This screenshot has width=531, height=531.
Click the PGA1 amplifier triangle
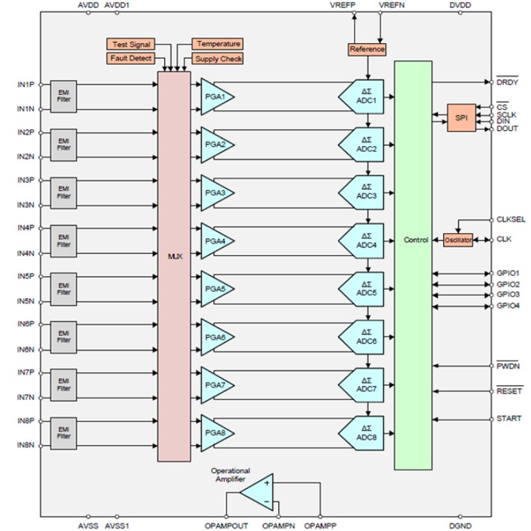(x=215, y=97)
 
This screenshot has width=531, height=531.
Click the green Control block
(x=412, y=266)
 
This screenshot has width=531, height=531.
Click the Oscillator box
(x=458, y=240)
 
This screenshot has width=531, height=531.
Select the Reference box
(x=367, y=50)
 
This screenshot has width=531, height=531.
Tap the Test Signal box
(x=130, y=45)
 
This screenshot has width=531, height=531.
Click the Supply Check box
(x=218, y=59)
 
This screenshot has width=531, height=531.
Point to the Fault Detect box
(x=130, y=59)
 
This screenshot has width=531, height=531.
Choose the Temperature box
(x=217, y=45)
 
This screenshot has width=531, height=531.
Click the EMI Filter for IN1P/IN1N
(x=64, y=97)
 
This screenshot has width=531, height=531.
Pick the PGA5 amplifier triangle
(x=215, y=289)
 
